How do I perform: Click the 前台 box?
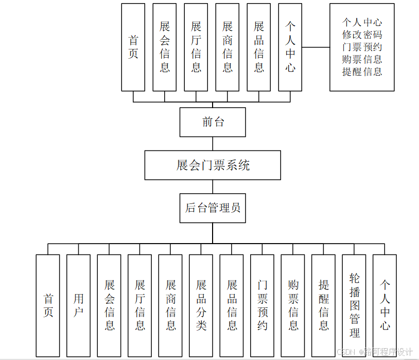(x=213, y=122)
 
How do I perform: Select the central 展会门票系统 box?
(x=213, y=165)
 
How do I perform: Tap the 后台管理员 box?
(x=213, y=208)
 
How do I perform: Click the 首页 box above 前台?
(x=133, y=47)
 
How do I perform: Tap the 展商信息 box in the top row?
(x=228, y=47)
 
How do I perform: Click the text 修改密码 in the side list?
(x=362, y=35)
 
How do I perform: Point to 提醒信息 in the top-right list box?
(x=362, y=72)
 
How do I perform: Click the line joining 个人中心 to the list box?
(x=316, y=47)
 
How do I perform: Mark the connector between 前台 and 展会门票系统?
(x=213, y=144)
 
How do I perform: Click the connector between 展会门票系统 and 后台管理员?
(x=213, y=186)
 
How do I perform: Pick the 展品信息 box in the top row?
(x=259, y=47)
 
